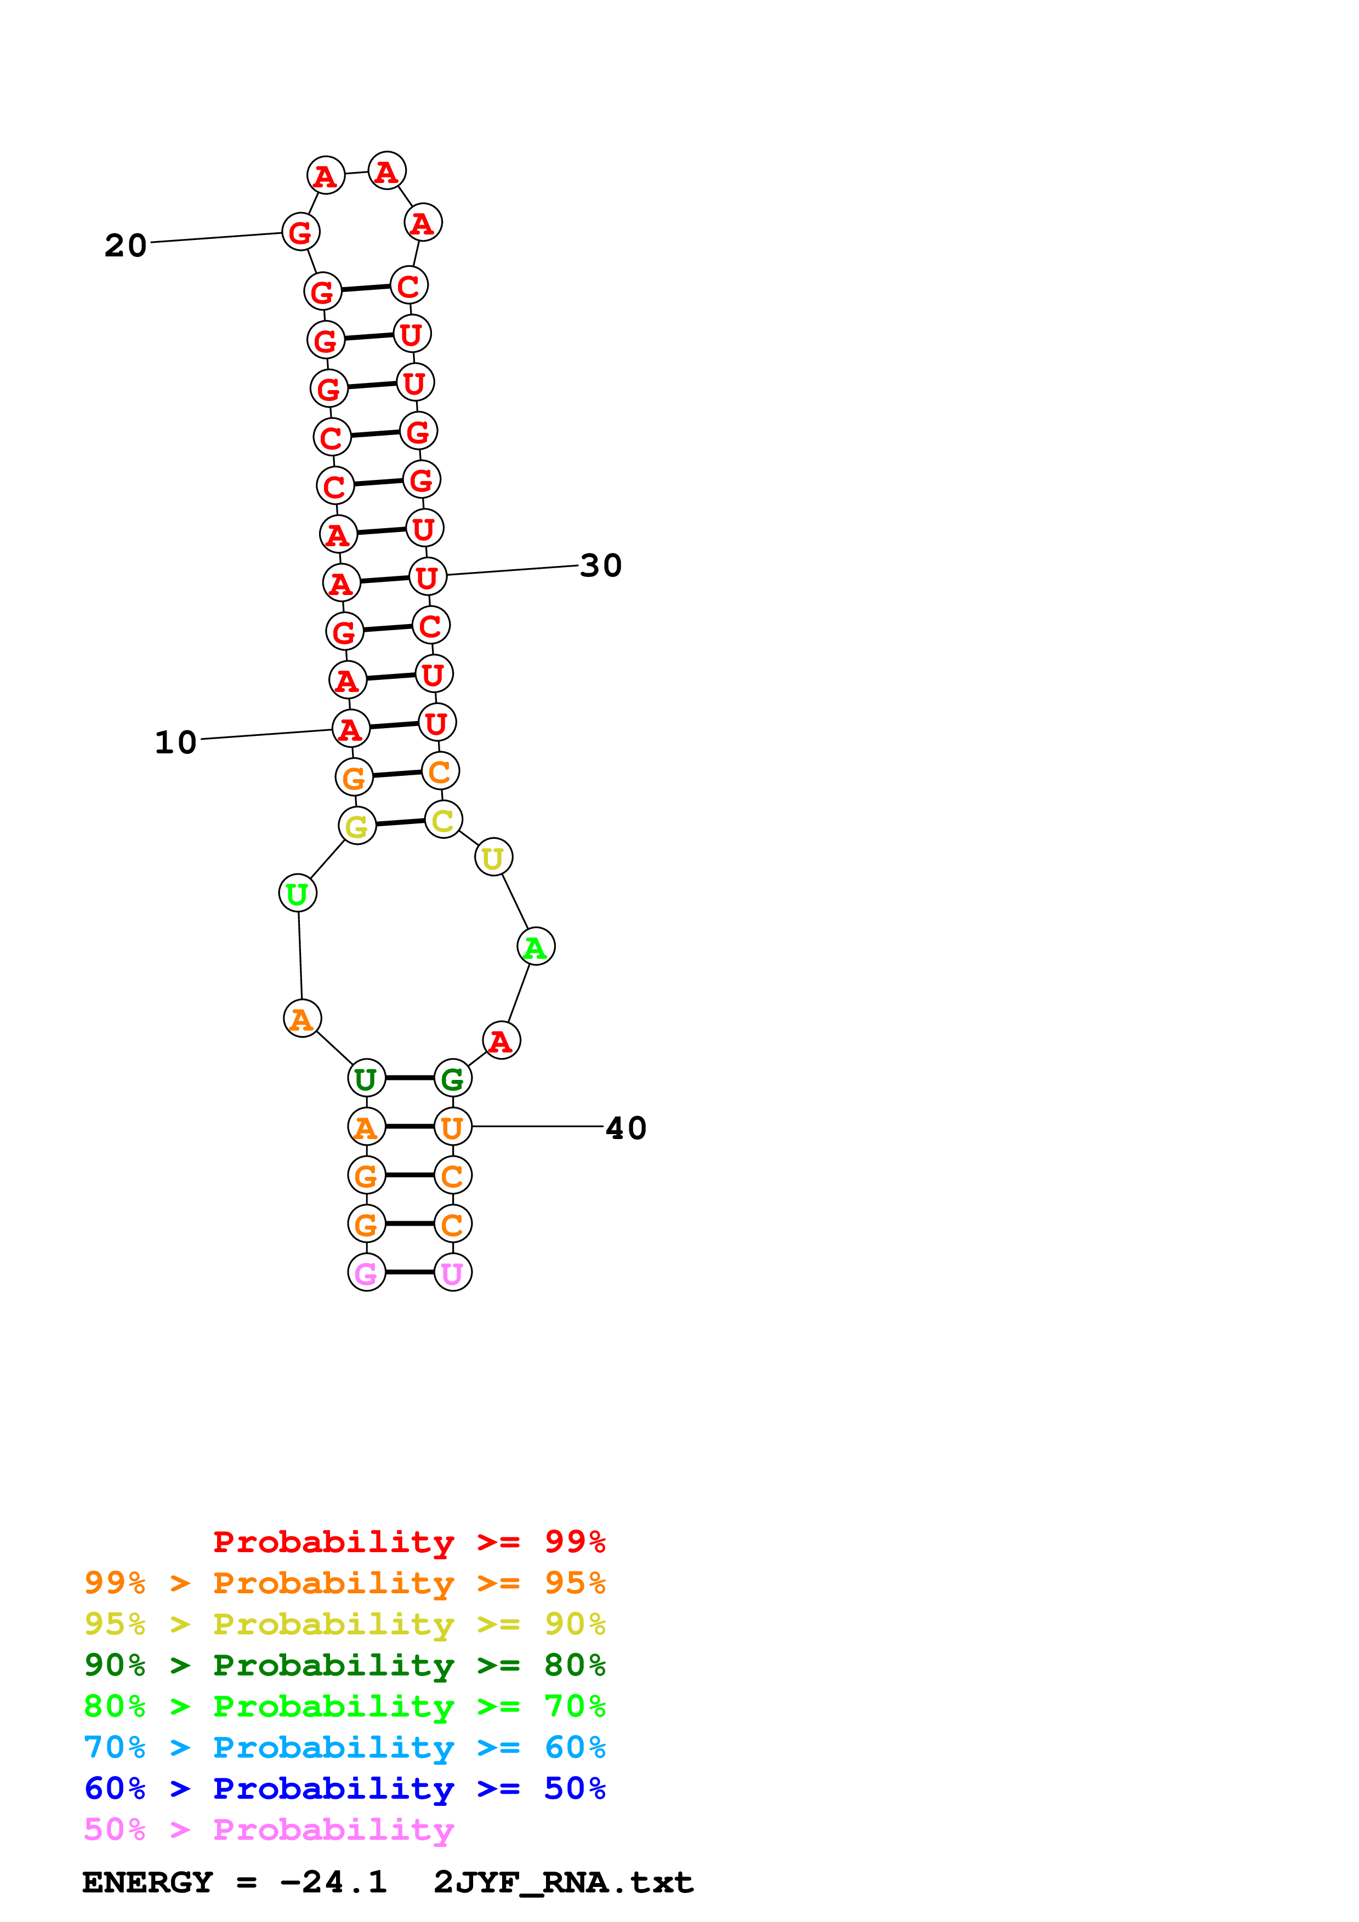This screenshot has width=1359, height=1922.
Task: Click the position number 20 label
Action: pos(126,245)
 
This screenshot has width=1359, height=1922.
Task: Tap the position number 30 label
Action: pos(600,566)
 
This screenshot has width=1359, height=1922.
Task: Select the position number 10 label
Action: pos(176,742)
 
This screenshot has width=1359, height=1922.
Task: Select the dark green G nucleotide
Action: pos(453,1079)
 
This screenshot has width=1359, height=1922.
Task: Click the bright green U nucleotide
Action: pos(297,893)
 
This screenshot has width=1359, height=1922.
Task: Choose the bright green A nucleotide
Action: pos(536,947)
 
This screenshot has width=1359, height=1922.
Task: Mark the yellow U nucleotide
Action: pos(493,857)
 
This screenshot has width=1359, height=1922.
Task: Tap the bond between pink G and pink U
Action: pos(410,1272)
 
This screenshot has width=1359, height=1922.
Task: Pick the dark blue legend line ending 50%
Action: pos(344,1789)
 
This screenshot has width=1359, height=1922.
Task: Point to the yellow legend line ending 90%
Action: pos(344,1624)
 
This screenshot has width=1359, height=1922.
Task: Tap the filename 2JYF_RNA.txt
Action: pos(562,1883)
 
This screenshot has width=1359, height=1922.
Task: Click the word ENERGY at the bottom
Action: pos(147,1883)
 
